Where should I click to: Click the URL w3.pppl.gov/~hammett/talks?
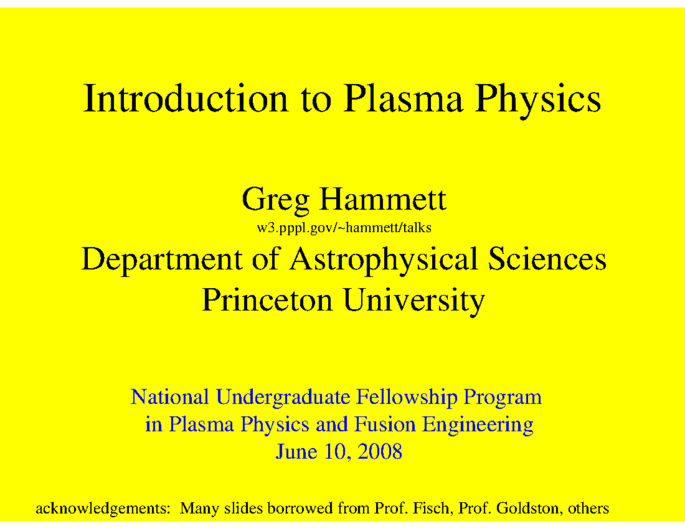coord(342,229)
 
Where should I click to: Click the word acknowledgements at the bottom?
coord(103,508)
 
